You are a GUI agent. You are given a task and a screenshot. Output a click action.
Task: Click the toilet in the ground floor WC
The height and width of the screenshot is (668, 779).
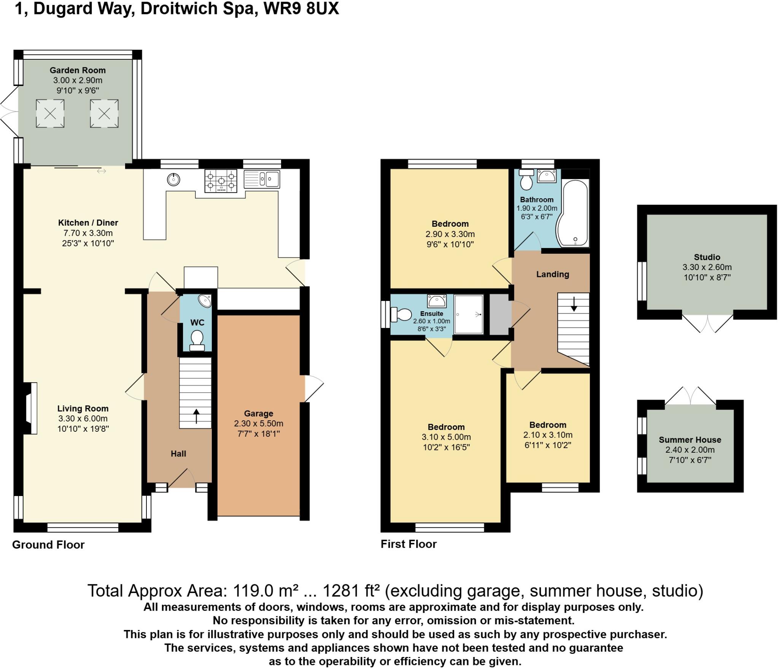click(197, 339)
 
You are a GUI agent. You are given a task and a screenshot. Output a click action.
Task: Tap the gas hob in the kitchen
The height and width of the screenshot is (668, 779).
click(221, 181)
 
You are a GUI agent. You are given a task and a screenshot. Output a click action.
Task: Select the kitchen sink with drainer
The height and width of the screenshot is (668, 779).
click(262, 179)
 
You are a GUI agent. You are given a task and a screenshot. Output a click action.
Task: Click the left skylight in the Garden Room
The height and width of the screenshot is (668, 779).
click(50, 113)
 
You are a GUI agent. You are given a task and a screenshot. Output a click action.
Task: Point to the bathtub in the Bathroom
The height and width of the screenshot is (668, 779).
click(574, 213)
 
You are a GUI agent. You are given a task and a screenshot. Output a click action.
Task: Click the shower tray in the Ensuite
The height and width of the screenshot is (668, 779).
click(469, 315)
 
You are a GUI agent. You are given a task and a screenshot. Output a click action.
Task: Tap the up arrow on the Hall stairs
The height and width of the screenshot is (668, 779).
click(196, 416)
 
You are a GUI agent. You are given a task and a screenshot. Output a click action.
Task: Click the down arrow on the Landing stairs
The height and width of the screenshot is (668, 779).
click(574, 305)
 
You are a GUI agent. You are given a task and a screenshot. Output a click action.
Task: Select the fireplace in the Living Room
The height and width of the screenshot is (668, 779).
click(30, 408)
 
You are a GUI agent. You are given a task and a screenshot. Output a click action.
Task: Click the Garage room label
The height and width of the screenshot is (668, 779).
click(259, 414)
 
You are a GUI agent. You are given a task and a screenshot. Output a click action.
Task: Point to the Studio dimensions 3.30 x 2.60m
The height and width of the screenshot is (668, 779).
click(707, 267)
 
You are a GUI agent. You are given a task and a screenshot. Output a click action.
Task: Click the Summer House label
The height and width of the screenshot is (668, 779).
click(690, 440)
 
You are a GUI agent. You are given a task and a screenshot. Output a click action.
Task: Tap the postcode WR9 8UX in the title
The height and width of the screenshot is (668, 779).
click(301, 8)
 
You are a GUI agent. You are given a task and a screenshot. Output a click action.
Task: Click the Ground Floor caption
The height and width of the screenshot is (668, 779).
click(48, 545)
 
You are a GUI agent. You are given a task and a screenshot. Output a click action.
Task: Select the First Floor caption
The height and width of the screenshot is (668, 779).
click(409, 544)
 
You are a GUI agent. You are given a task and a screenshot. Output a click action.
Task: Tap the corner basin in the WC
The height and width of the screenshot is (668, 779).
click(206, 301)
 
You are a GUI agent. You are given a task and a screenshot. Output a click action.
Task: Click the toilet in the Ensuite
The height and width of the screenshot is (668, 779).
click(402, 315)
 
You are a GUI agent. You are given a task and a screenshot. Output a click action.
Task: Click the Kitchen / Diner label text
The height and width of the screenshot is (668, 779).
click(88, 223)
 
